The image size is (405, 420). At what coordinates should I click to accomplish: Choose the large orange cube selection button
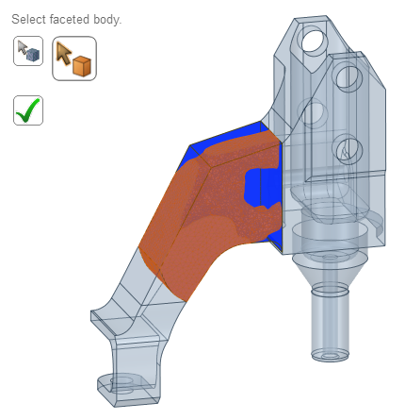(74, 59)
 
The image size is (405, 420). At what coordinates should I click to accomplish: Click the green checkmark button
(28, 109)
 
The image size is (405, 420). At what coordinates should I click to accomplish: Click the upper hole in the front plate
(348, 76)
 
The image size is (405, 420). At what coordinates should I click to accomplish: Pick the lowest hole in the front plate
(346, 148)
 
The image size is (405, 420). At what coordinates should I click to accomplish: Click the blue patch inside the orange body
(260, 185)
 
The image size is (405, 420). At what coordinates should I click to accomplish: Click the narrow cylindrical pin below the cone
(330, 321)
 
